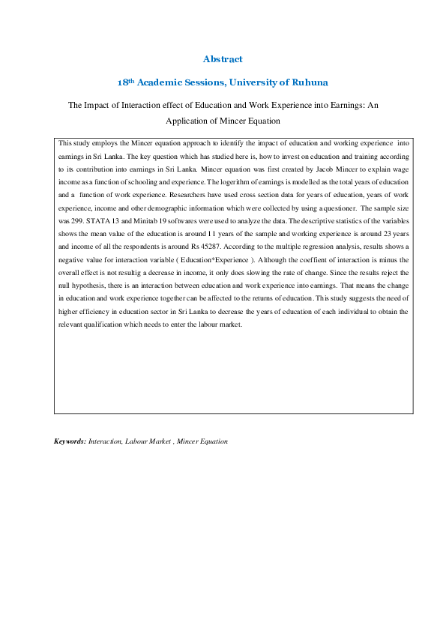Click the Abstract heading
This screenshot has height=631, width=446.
223,58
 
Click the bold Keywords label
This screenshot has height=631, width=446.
70,441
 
